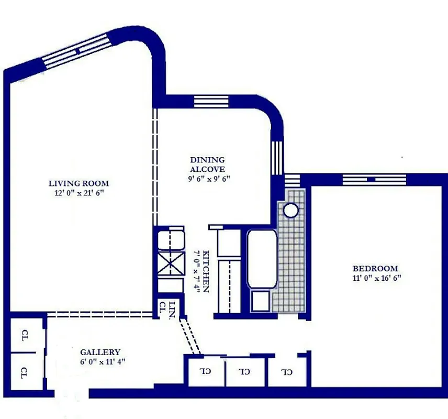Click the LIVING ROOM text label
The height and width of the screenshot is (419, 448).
(x=79, y=183)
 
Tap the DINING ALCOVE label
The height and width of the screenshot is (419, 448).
(x=207, y=164)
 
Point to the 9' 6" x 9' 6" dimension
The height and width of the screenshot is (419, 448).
(x=207, y=179)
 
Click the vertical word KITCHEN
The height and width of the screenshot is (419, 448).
(x=206, y=271)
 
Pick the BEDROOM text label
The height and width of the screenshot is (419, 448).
(x=375, y=268)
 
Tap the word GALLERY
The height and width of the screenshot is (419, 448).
(x=100, y=352)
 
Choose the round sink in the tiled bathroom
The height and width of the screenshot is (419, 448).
(x=290, y=211)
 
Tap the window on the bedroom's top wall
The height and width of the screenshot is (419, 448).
(x=374, y=179)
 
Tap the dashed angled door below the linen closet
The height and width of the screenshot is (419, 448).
(x=191, y=337)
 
